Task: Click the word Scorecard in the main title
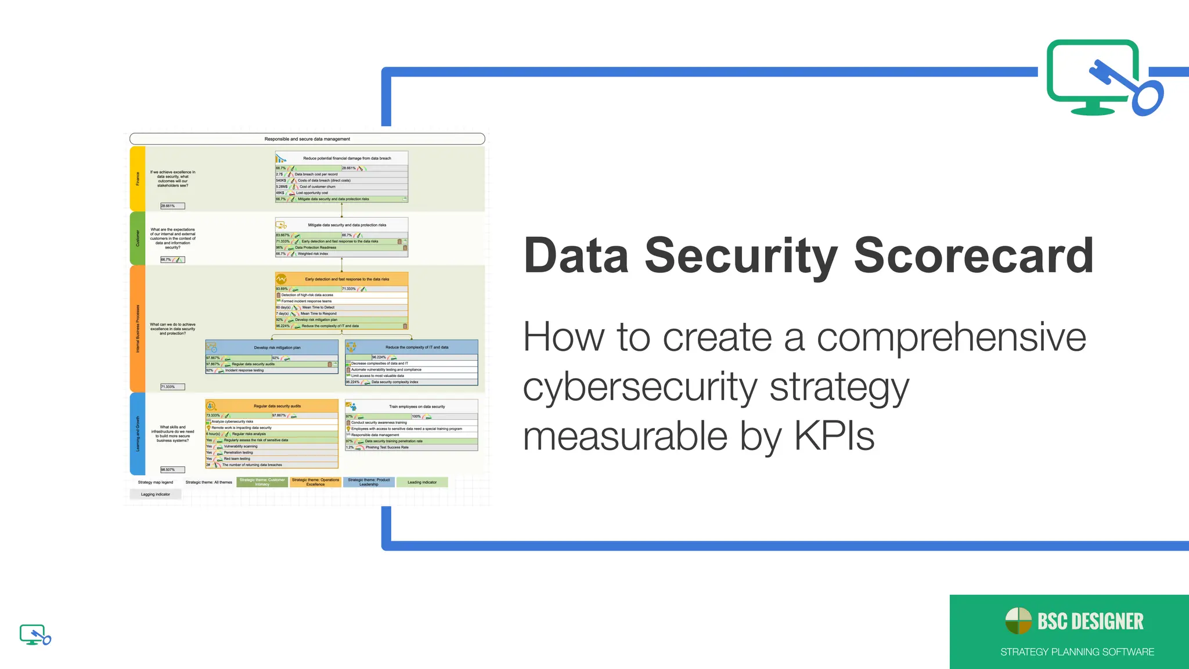[974, 256]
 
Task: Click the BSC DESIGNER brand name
[1090, 621]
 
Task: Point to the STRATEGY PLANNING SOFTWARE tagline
[1077, 652]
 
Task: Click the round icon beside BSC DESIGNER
[1018, 621]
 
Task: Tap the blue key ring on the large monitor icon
[1147, 98]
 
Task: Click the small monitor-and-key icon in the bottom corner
[35, 634]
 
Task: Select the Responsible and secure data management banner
[307, 139]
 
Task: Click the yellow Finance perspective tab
[138, 178]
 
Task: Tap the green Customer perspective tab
[138, 238]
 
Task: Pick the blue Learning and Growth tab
[138, 433]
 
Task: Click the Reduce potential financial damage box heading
[347, 158]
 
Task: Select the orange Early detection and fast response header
[347, 279]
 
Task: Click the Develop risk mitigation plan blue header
[277, 347]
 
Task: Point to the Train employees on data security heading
[416, 407]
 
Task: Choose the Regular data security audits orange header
[277, 406]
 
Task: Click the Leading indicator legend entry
[422, 482]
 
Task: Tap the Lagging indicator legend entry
[156, 494]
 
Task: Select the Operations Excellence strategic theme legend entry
[315, 482]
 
